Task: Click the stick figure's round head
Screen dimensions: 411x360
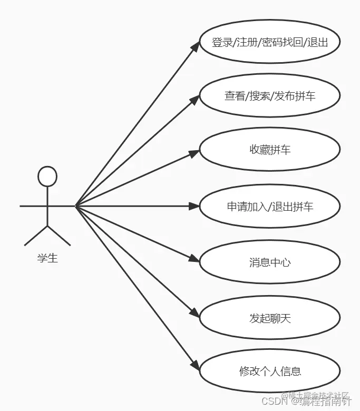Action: tap(47, 177)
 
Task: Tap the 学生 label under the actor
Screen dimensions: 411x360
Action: tap(47, 259)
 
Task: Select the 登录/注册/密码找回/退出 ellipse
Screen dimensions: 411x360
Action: tap(269, 42)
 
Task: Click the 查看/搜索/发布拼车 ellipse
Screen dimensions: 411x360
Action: tap(269, 96)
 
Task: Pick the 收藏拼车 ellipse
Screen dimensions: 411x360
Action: tap(269, 150)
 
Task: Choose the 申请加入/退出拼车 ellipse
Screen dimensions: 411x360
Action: tap(269, 206)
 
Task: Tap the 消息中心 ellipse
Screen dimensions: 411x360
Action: tap(269, 262)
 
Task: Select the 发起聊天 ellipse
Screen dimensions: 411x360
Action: tap(269, 318)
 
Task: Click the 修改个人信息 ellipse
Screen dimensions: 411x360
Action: tap(269, 371)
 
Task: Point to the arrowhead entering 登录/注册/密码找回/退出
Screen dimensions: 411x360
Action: tap(194, 46)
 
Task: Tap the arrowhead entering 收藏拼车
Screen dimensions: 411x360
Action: tap(194, 152)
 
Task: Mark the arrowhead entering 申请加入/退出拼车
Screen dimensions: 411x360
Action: tap(194, 206)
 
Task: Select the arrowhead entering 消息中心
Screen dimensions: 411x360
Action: tap(194, 259)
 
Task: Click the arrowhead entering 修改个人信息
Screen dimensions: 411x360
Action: tap(194, 366)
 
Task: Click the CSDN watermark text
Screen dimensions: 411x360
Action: tap(274, 402)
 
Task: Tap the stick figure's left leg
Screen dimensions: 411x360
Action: tap(36, 236)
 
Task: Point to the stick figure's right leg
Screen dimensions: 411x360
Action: tap(59, 236)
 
